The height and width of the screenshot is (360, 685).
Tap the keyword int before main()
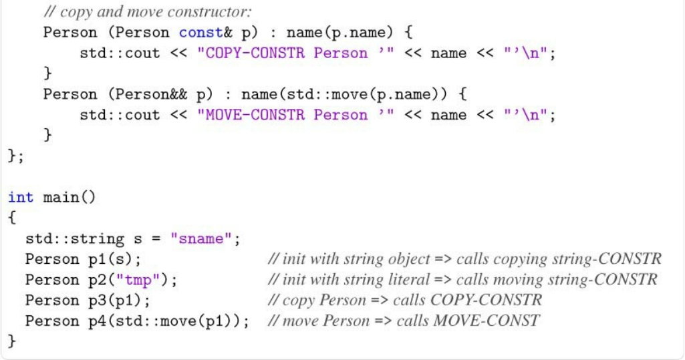coord(21,197)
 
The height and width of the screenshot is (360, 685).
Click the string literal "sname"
coord(204,238)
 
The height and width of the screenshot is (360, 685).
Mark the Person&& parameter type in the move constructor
coord(152,94)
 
